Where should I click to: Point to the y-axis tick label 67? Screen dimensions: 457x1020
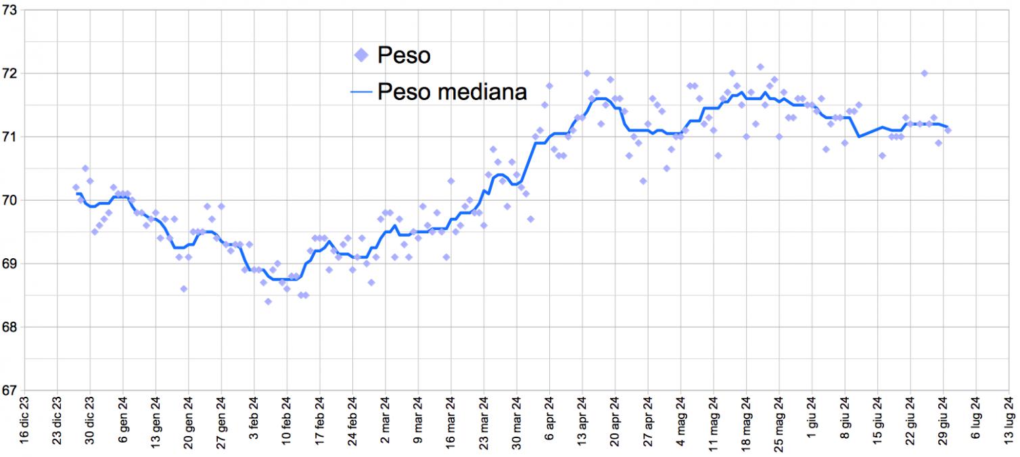coord(9,390)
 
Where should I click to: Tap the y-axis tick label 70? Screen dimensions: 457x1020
coord(9,200)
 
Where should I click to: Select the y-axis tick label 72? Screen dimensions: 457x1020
coord(9,73)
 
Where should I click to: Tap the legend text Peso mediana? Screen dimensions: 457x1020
coord(452,91)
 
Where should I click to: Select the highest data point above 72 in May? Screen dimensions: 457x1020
coord(760,67)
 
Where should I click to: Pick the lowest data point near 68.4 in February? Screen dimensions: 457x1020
coord(268,302)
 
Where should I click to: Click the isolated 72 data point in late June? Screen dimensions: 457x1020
coord(924,73)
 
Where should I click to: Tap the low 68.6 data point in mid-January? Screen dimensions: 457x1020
coord(183,289)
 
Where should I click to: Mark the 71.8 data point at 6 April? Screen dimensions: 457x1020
coord(549,86)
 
